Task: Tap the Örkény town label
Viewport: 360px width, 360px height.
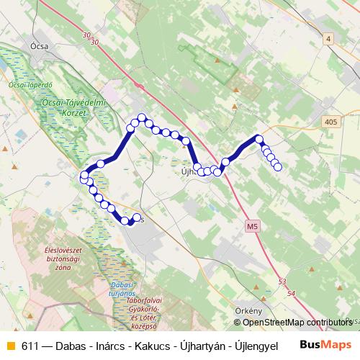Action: click(x=248, y=310)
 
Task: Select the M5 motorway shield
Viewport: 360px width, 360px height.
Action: click(x=251, y=226)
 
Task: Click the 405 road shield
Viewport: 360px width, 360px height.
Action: click(x=330, y=122)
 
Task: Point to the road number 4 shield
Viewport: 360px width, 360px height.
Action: click(x=328, y=38)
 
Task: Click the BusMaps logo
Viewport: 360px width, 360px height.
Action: click(x=325, y=345)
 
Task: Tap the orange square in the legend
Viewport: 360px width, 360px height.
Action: click(x=10, y=346)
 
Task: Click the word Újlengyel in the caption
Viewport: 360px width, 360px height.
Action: click(x=252, y=346)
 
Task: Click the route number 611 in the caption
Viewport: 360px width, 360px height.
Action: click(x=30, y=346)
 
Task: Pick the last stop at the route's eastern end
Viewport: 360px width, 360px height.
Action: click(x=278, y=168)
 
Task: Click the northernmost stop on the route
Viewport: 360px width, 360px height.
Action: click(x=142, y=117)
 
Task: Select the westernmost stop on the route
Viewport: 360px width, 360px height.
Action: click(x=84, y=175)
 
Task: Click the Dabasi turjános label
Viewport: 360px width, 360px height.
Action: click(x=127, y=290)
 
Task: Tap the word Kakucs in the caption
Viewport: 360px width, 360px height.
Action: click(x=144, y=346)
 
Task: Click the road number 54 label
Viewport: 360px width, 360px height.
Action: click(x=290, y=294)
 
